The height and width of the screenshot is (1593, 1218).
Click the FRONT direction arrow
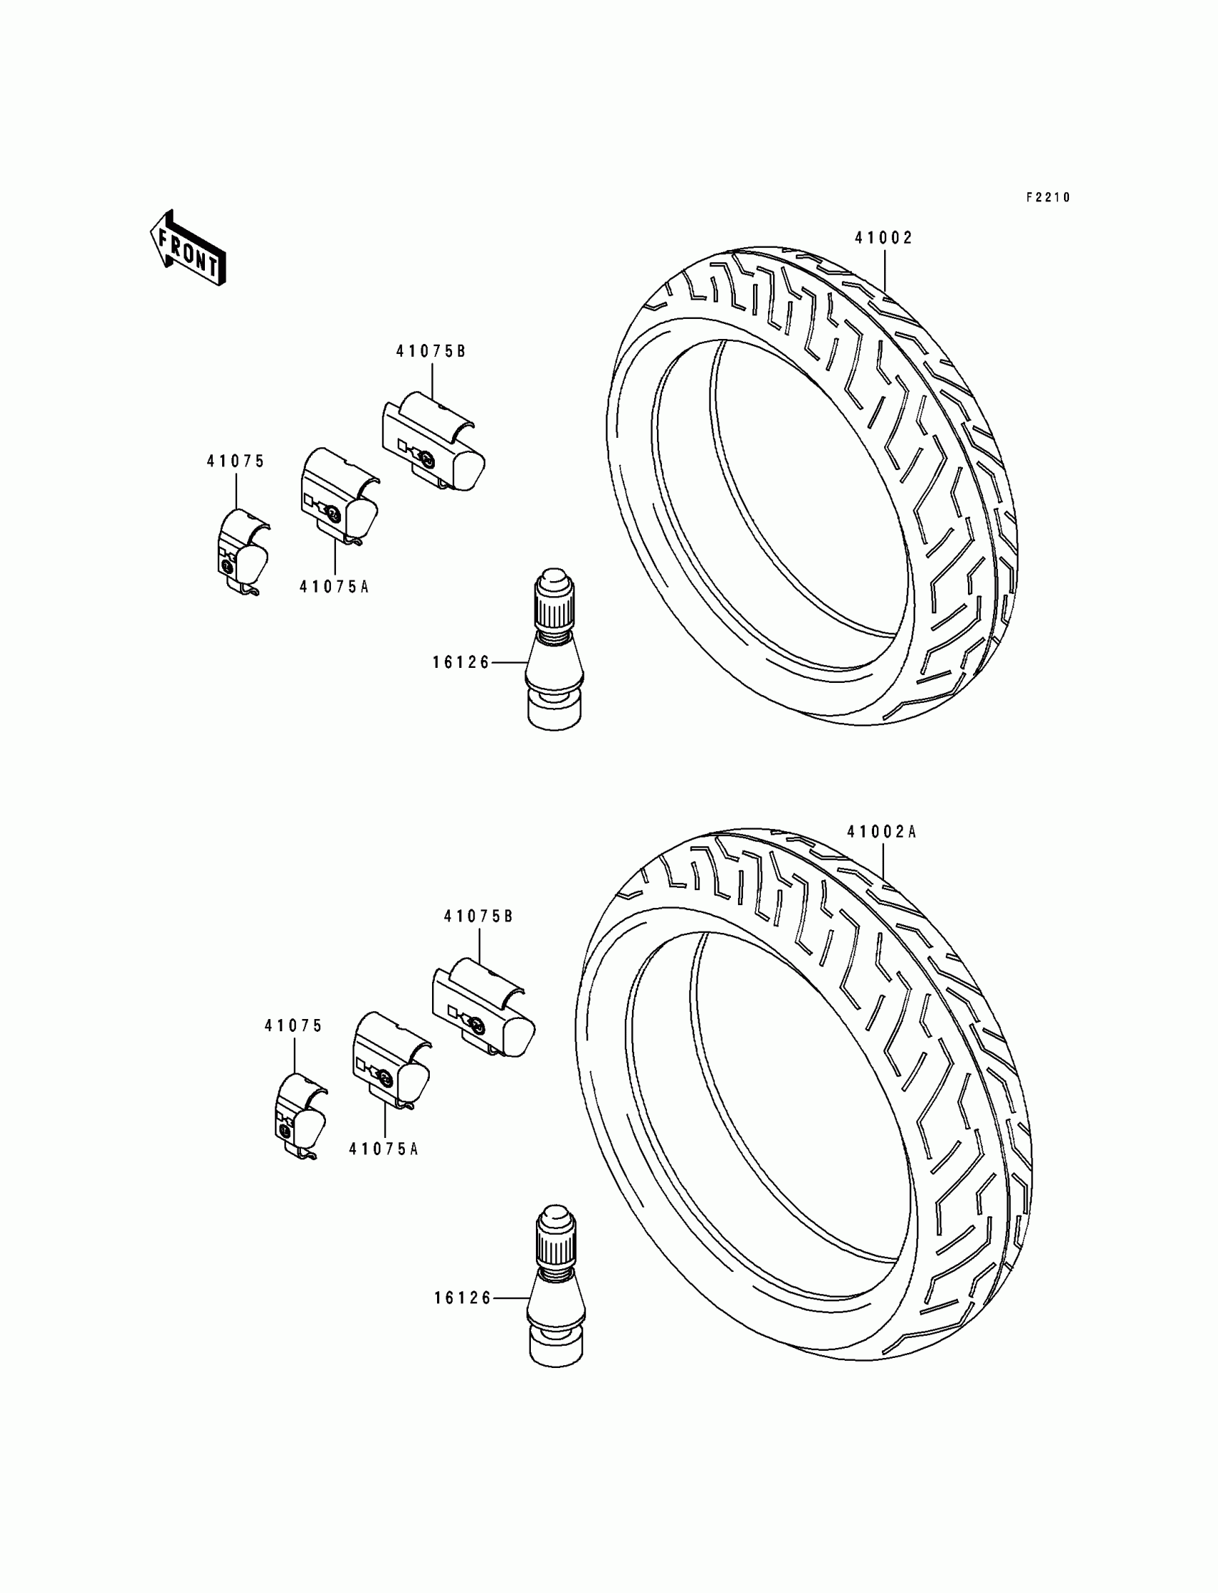click(x=187, y=249)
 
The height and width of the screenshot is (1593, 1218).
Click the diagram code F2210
click(x=1047, y=197)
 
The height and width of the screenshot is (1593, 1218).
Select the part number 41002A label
click(x=881, y=833)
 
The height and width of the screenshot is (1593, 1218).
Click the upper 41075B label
click(x=431, y=352)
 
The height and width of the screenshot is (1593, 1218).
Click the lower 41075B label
click(x=479, y=917)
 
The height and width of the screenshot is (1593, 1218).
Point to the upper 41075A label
click(x=334, y=587)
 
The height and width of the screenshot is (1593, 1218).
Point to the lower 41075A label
click(x=383, y=1149)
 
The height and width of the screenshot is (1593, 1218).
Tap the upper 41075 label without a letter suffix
click(x=236, y=461)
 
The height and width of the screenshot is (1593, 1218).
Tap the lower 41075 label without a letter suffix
click(x=294, y=1026)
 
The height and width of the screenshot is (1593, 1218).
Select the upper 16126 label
click(x=461, y=662)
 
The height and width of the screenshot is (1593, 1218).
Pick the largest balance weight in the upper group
click(x=433, y=441)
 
